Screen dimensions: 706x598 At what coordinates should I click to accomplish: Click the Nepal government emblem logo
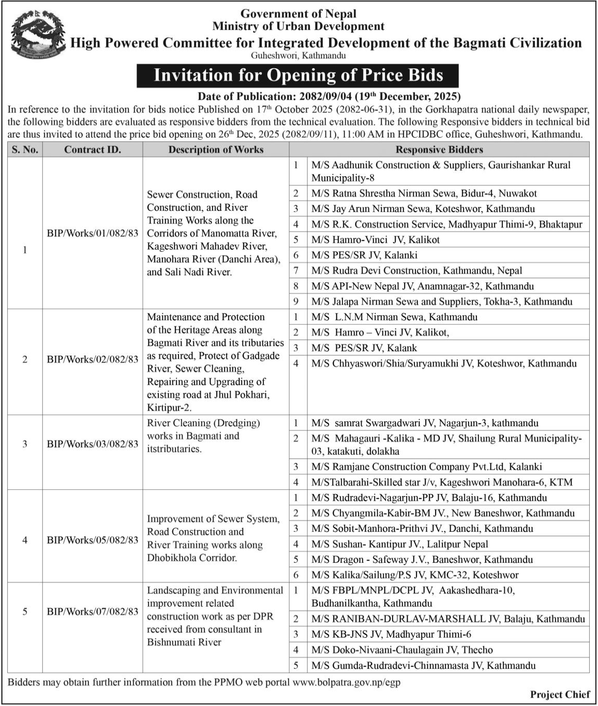click(37, 36)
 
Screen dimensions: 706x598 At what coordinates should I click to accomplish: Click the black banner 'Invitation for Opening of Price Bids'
click(298, 76)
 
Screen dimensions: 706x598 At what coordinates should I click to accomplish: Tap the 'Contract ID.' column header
click(92, 150)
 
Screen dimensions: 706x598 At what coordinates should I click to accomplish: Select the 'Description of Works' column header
click(216, 150)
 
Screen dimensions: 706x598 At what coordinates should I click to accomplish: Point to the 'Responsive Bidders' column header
click(439, 150)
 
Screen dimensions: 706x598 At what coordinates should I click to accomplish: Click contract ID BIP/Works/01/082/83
click(93, 233)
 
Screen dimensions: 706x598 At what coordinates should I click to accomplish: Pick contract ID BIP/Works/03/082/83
click(93, 444)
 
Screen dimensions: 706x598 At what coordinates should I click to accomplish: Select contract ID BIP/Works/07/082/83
click(93, 612)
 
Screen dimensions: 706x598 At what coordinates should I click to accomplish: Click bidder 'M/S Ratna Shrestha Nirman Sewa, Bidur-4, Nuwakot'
click(424, 193)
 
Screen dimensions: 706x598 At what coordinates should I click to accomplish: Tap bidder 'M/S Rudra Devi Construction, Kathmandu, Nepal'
click(416, 271)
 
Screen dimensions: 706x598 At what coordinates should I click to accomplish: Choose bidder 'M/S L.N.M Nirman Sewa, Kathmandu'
click(394, 317)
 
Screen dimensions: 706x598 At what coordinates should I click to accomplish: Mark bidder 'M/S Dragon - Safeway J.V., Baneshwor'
click(422, 560)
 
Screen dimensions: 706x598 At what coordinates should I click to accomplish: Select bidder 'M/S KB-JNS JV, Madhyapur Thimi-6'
click(391, 635)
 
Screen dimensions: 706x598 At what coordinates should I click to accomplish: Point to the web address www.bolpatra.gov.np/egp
click(346, 683)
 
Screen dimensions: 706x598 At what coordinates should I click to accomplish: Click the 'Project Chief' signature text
click(560, 695)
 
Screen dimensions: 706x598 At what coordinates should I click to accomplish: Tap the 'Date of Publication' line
click(329, 96)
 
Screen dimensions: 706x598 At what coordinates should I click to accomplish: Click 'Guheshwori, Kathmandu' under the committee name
click(298, 56)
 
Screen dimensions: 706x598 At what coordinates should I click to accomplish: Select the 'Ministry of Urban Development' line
click(298, 26)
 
